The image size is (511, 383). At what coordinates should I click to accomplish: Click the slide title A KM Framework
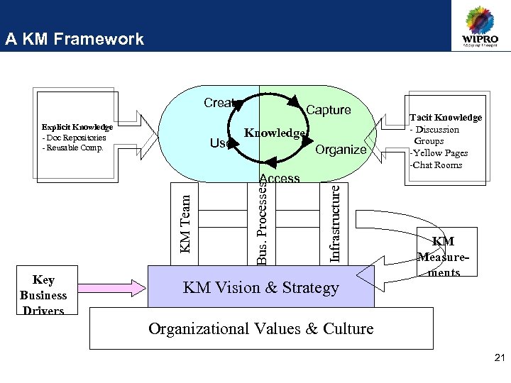74,40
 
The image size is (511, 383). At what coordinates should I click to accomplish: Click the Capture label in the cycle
328,110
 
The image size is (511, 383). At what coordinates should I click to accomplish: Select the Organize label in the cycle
341,149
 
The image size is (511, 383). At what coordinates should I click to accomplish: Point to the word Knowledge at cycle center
275,133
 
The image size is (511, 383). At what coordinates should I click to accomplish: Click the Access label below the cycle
280,179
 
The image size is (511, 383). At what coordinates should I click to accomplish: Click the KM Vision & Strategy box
260,288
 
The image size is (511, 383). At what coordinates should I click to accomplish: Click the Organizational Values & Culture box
260,329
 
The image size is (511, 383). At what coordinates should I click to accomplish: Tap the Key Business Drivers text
43,295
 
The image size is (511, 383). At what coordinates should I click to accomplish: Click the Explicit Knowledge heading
77,127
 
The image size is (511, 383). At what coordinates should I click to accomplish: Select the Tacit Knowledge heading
445,118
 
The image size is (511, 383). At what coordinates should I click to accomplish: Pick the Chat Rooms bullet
436,165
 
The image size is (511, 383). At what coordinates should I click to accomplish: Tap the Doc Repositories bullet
75,138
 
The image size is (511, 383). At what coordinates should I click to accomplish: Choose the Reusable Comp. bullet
73,148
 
